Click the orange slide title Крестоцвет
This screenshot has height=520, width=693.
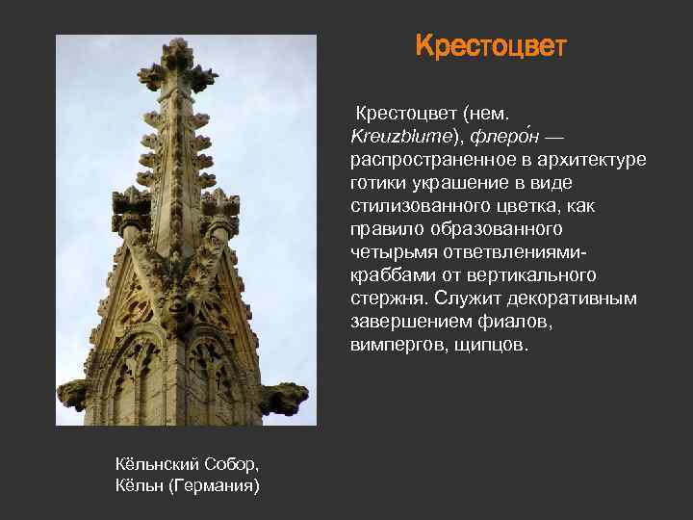[491, 47]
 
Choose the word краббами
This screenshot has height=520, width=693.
[390, 275]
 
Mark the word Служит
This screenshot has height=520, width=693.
[466, 299]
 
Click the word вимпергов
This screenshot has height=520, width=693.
[396, 345]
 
